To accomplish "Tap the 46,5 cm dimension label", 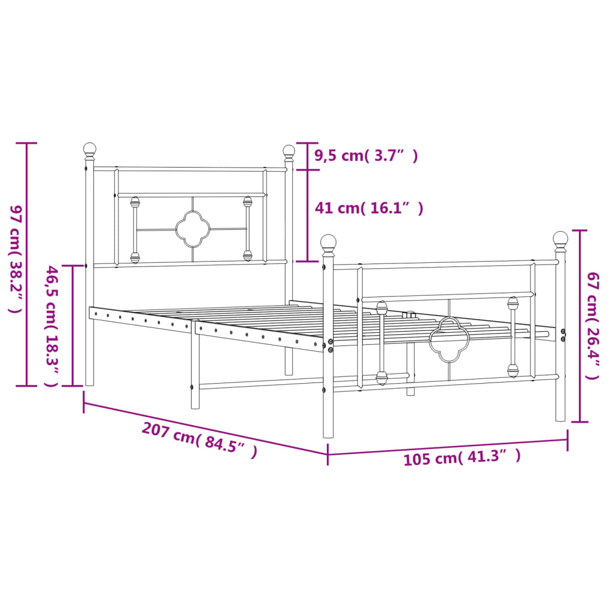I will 52,326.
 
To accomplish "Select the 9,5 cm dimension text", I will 366,156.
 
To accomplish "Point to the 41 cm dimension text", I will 369,208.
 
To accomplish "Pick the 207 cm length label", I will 199,441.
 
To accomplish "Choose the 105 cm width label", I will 462,458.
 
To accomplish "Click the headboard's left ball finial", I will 90,148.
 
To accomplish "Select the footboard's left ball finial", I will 328,242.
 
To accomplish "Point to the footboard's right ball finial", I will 560,239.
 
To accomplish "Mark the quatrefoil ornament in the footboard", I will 448,339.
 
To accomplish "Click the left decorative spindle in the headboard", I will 135,230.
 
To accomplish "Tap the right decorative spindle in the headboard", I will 247,228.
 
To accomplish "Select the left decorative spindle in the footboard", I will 381,343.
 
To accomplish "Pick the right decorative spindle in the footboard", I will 512,337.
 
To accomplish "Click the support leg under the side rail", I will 195,365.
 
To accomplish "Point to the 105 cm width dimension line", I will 447,447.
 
